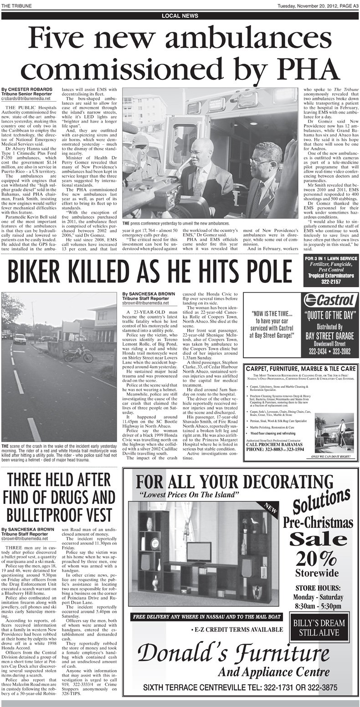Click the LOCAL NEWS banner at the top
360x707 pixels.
coord(180,15)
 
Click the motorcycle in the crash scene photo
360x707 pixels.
coord(78,354)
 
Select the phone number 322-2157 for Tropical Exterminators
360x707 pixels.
coord(330,282)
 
